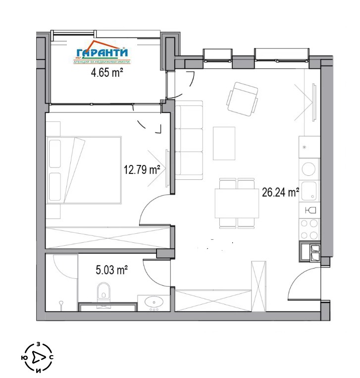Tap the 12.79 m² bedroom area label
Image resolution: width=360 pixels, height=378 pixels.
(142, 169)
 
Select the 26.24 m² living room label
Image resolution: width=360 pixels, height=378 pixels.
(280, 192)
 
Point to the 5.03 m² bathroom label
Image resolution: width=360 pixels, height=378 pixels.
(111, 270)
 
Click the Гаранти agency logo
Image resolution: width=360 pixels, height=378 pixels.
(102, 53)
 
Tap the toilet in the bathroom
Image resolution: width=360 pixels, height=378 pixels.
(103, 292)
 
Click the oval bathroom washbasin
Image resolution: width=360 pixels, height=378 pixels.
(154, 301)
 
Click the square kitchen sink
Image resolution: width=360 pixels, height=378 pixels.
(309, 191)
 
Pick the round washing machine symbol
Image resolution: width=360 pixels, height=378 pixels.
(309, 169)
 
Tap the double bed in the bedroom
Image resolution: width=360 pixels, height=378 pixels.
(84, 170)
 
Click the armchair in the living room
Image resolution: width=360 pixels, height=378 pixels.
(243, 100)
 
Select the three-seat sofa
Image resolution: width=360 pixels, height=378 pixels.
(189, 140)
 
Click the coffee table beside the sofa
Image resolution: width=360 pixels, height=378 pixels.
(224, 143)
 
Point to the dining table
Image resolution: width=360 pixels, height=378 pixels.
(237, 204)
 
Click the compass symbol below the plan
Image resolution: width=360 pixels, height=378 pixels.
(37, 357)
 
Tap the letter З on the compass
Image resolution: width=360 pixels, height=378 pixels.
(38, 344)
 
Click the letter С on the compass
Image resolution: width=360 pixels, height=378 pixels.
(51, 357)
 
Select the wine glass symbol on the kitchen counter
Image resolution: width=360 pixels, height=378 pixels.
(310, 211)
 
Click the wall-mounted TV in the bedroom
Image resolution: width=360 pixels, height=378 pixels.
(167, 168)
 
